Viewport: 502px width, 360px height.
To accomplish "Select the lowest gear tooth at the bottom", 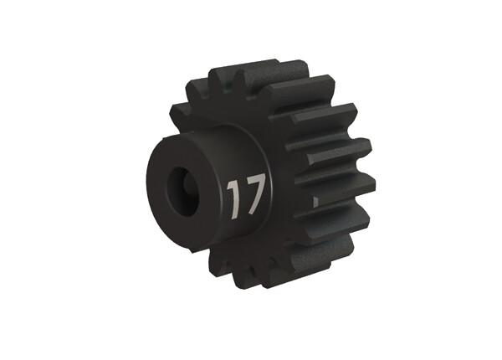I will [x=276, y=268].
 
